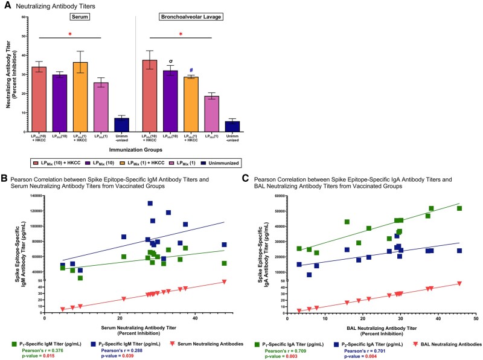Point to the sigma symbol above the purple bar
click(x=171, y=61)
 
